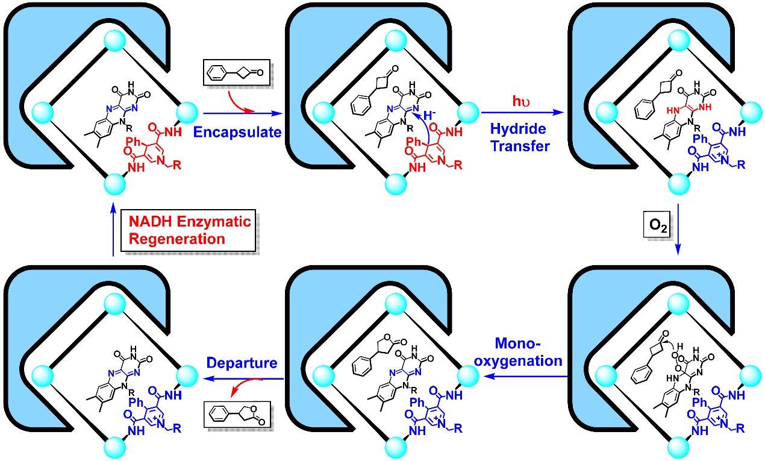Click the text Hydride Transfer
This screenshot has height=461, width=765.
[x=521, y=137]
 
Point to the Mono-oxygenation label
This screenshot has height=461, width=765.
[x=528, y=353]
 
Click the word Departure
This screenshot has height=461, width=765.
[x=241, y=364]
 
